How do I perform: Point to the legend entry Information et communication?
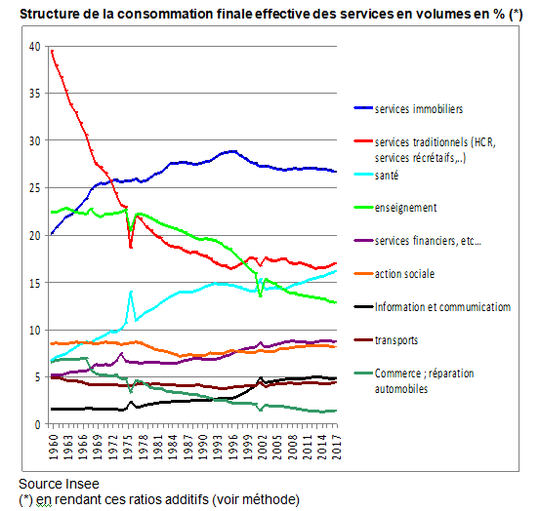pos(442,307)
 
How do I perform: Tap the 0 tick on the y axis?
pos(37,424)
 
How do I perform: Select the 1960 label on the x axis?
pos(52,448)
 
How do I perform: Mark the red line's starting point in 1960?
pos(51,51)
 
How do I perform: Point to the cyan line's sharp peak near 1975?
pos(131,291)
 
